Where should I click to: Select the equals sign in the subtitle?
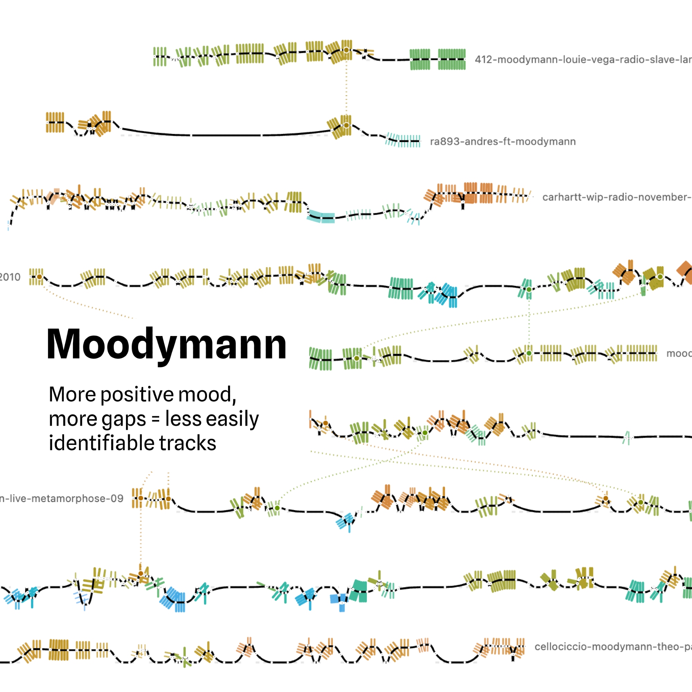[x=155, y=419]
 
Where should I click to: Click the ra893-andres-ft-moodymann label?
[x=502, y=142]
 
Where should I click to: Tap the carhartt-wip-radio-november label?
[x=616, y=197]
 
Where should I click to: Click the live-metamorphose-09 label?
[x=62, y=498]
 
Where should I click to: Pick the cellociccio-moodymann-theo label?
[x=612, y=647]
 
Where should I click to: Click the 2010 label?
[x=10, y=277]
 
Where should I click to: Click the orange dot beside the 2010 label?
[x=39, y=277]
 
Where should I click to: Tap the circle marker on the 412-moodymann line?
[x=346, y=50]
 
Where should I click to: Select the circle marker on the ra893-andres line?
[x=346, y=125]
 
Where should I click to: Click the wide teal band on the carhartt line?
[x=321, y=217]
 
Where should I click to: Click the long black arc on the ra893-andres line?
[x=226, y=135]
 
